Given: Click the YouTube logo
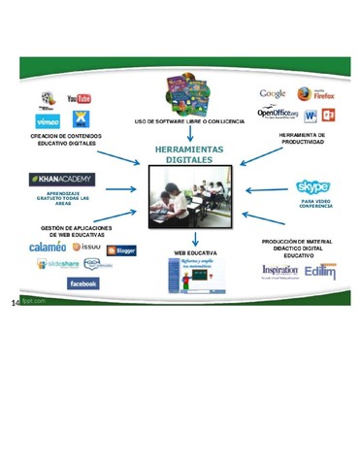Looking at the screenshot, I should coord(80,98).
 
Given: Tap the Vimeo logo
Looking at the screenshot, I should coord(48,121).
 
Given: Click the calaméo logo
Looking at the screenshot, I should coord(48,248).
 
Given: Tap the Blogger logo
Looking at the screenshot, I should coord(121,250).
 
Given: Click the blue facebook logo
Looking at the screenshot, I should coord(82,283).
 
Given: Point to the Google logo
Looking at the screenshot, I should coord(272,94).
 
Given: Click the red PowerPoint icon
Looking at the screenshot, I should coord(328,116).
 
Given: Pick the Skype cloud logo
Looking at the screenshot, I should coord(312,186).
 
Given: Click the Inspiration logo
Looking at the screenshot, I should coord(278,271).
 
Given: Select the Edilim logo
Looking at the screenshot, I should coord(319,271).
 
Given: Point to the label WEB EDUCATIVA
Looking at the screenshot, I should coord(195,252).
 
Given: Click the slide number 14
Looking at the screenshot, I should coord(16,303).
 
